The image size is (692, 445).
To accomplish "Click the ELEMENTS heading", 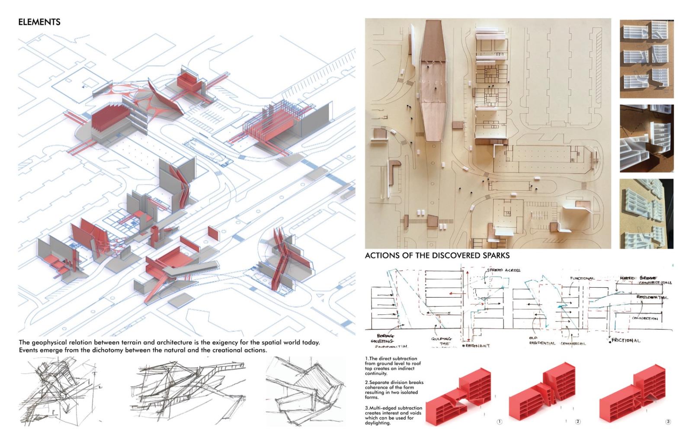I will pos(39,22).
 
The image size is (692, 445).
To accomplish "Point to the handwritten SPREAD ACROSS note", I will pos(503,270).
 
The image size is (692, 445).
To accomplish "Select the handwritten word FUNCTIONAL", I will pos(582,279).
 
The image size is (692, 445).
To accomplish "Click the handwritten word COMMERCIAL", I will pos(573,343).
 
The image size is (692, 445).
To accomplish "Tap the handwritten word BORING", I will pos(385,336).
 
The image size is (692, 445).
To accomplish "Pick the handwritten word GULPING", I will pos(441,339).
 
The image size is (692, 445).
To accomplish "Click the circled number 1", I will pos(499,422).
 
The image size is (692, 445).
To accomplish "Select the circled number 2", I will pos(578,422).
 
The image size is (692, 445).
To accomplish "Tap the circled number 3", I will pos(668,422).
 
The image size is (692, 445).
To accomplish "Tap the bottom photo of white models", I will pos(646,214).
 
